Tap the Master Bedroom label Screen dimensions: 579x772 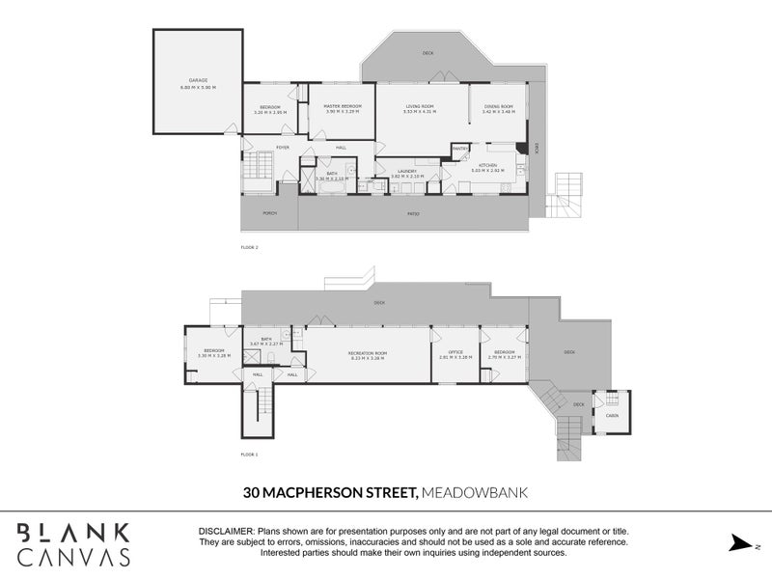[343, 107]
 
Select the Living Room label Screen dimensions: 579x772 [419, 107]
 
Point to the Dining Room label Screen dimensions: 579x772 [498, 107]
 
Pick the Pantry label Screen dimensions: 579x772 [459, 148]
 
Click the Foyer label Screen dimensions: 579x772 [283, 147]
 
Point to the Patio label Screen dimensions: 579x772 [412, 213]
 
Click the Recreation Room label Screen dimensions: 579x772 [367, 354]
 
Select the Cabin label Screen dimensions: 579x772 [612, 416]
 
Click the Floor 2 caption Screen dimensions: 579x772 [249, 247]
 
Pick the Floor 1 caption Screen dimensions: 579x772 [249, 454]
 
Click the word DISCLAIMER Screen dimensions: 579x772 [226, 532]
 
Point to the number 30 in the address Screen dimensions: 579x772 [252, 492]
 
